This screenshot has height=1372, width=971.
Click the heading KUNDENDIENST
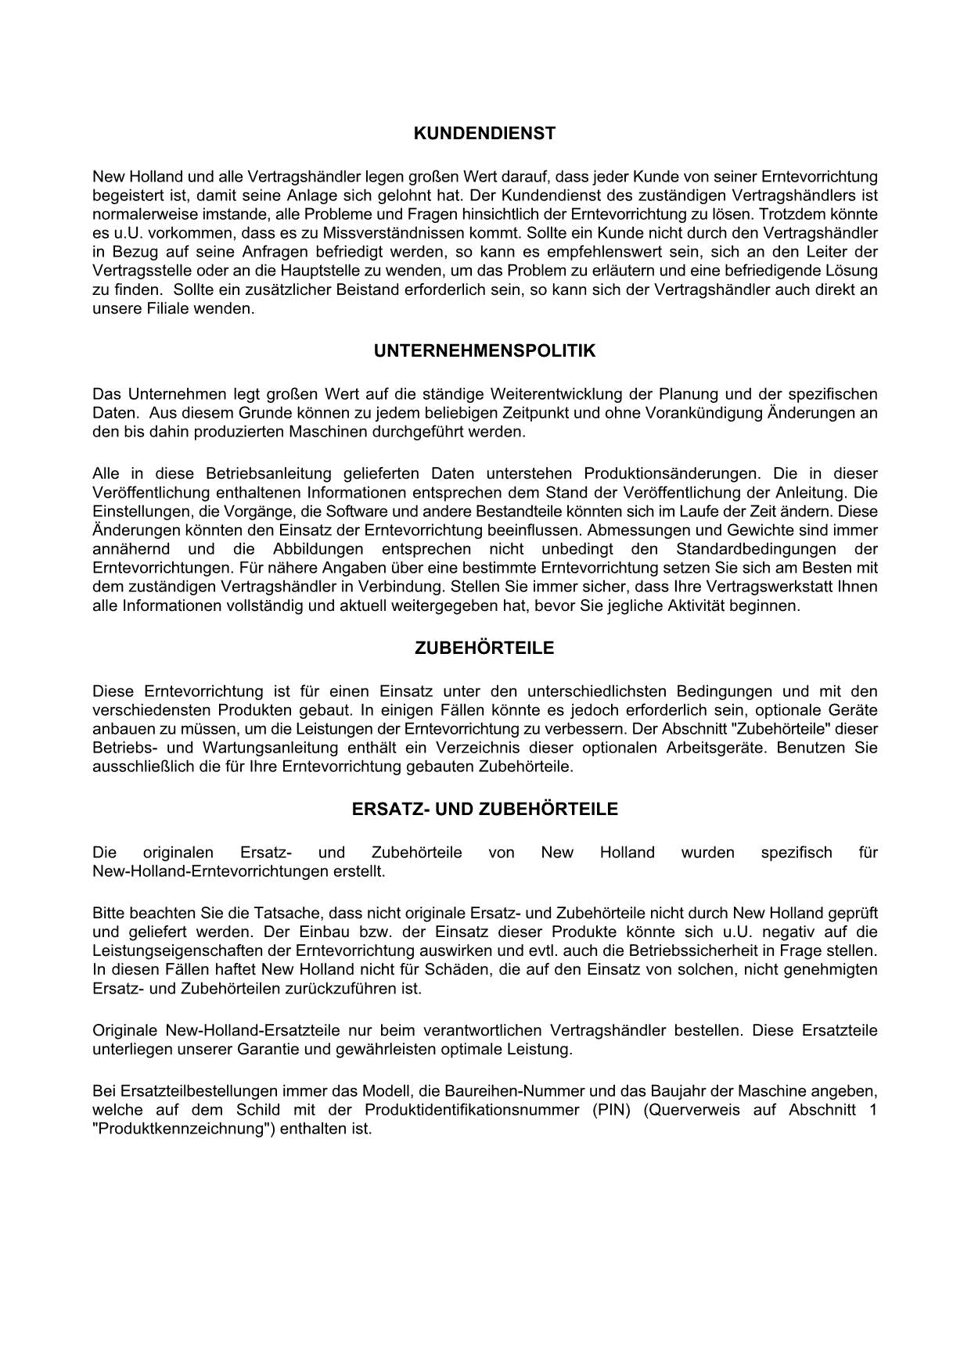click(x=484, y=134)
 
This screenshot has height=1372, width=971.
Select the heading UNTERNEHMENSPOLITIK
click(x=484, y=351)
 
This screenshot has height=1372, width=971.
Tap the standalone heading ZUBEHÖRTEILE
click(x=484, y=648)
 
